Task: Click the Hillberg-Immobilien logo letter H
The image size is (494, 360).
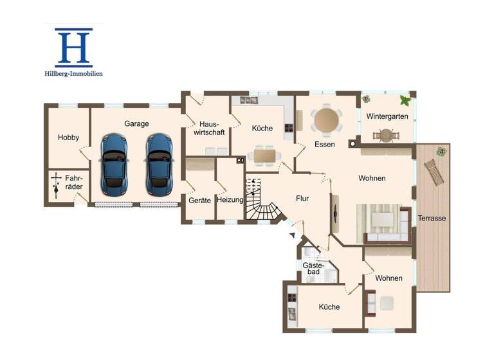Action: point(73,48)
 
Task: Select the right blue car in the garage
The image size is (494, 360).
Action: point(159,165)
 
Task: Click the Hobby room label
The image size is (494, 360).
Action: point(68,138)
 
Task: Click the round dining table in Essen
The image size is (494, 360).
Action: point(326,120)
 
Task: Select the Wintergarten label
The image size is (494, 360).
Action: point(387,116)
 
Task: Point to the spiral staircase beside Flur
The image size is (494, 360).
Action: point(262,201)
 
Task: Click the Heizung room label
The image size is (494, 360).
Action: point(230,201)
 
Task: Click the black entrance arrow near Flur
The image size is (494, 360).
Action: point(293,237)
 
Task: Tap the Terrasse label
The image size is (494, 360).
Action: point(432,219)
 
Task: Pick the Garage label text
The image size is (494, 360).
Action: point(136,123)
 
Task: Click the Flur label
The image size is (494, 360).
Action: point(303,199)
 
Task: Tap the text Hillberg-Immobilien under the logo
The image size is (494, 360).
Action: point(73,74)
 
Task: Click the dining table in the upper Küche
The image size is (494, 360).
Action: point(264,154)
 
